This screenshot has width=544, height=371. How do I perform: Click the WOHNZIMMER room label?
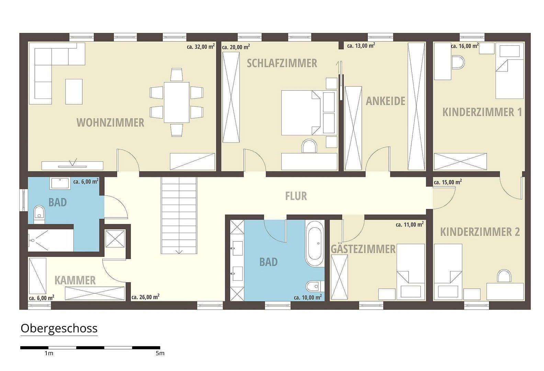pos(110,123)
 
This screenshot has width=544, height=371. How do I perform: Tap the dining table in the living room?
pos(177,102)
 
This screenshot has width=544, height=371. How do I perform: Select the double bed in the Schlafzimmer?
pos(301,113)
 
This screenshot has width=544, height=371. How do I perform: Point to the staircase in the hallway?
pos(179,215)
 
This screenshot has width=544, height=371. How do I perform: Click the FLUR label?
pos(296,196)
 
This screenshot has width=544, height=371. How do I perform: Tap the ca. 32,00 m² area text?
pos(201,47)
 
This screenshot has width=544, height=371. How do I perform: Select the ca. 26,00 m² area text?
pos(145,297)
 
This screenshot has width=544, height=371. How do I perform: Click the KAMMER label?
pos(75,280)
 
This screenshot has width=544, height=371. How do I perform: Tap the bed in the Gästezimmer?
pos(410,270)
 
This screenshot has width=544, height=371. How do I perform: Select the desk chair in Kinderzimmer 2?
pos(504,276)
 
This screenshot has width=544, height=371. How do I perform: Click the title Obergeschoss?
pos(59,328)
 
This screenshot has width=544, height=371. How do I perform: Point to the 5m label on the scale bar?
pos(160,353)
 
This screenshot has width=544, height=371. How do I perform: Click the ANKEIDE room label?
pos(385,101)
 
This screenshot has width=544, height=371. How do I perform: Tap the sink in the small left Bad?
pos(60,183)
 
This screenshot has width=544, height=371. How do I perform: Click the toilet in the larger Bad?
pos(314,286)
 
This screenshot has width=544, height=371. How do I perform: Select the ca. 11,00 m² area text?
pos(409,225)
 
